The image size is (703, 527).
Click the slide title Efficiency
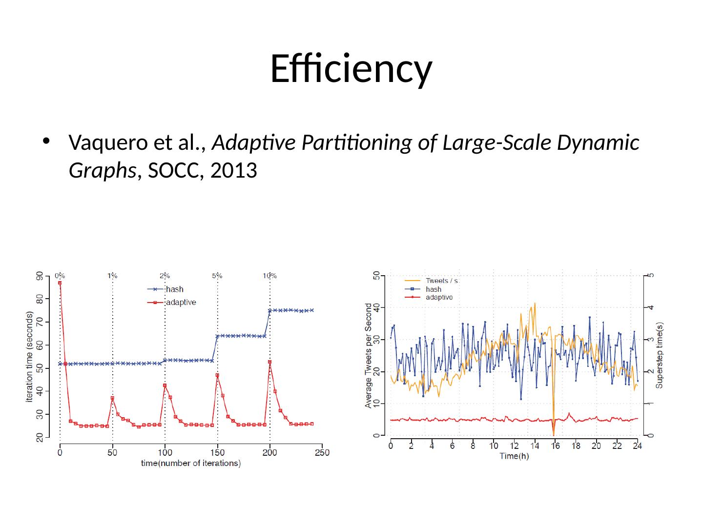click(351, 68)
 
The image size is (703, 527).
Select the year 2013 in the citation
click(232, 171)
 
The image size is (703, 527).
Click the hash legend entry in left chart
click(175, 289)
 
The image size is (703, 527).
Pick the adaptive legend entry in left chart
click(181, 303)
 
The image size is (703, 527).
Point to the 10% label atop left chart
click(270, 276)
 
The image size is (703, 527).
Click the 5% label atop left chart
click(217, 276)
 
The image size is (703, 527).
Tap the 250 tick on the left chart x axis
click(322, 453)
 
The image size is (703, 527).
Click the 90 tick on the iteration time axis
click(39, 276)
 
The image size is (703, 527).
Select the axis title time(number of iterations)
click(191, 464)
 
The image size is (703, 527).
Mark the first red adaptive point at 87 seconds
click(60, 283)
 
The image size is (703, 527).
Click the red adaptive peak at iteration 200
click(270, 362)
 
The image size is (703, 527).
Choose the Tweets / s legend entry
click(441, 281)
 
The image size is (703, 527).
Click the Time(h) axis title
click(514, 456)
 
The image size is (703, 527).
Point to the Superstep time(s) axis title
click(660, 355)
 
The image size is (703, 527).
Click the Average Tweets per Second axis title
click(369, 355)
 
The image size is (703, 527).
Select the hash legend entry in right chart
click(434, 289)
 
